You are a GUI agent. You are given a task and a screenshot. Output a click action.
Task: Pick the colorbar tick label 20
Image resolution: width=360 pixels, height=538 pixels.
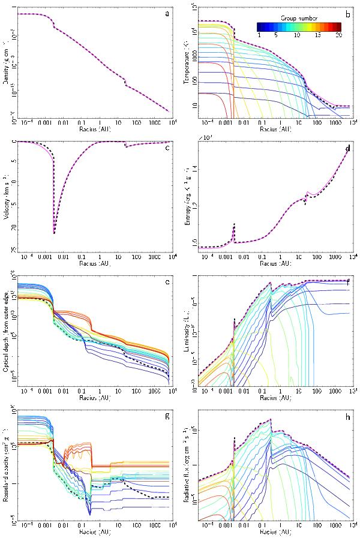tap(339, 35)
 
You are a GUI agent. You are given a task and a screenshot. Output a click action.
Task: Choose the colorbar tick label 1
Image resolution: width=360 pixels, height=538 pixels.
tap(259, 35)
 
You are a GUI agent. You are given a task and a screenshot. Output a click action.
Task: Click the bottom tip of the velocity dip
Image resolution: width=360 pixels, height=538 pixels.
tap(54, 233)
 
